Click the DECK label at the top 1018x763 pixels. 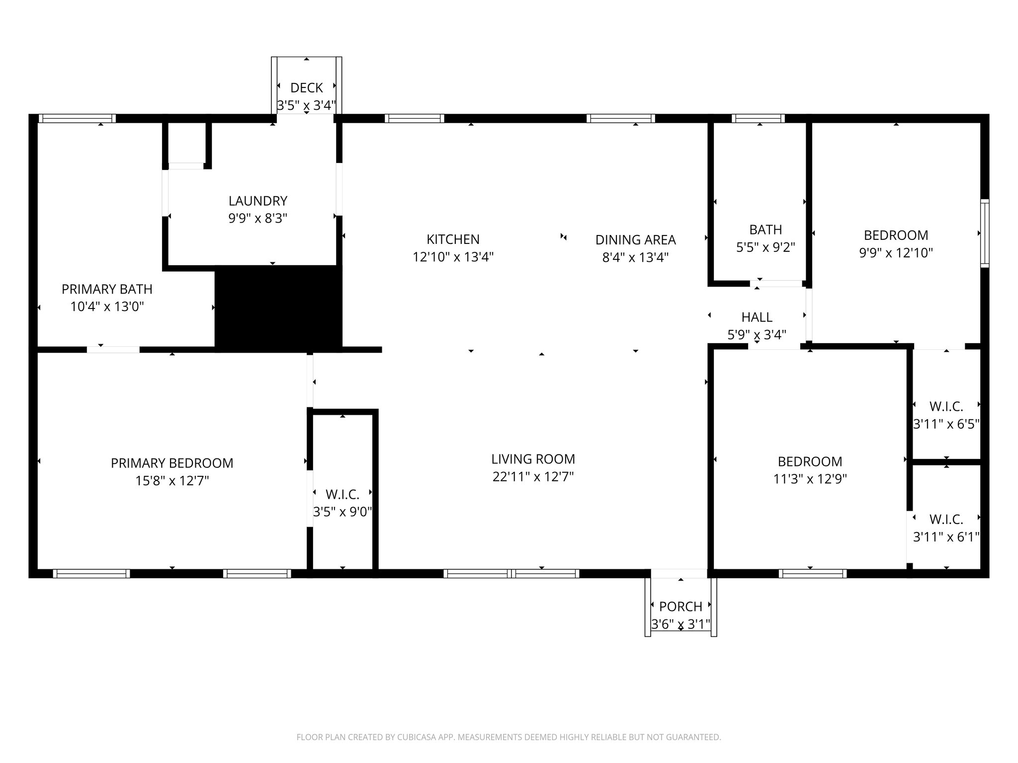tap(306, 88)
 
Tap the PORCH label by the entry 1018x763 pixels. tap(680, 607)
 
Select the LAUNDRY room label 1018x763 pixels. tap(257, 201)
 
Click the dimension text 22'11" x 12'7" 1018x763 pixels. tap(533, 477)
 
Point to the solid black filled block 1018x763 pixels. tap(278, 308)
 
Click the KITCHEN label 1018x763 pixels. tap(453, 239)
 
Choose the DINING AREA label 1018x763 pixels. tap(635, 240)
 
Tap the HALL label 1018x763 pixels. tap(757, 317)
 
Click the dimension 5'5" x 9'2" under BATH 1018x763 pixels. tap(765, 247)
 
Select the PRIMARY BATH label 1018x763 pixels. tap(107, 289)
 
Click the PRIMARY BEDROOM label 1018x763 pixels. tap(171, 463)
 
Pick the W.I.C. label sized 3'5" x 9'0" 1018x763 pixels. tap(342, 494)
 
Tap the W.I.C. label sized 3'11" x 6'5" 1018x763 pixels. tap(946, 406)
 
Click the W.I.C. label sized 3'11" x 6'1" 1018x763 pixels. tap(946, 519)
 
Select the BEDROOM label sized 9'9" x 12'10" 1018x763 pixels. tap(896, 235)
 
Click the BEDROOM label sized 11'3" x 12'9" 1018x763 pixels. tap(810, 461)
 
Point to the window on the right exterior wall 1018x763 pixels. tap(984, 233)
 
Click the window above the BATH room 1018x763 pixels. tap(758, 118)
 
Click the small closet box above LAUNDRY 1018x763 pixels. tap(186, 142)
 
